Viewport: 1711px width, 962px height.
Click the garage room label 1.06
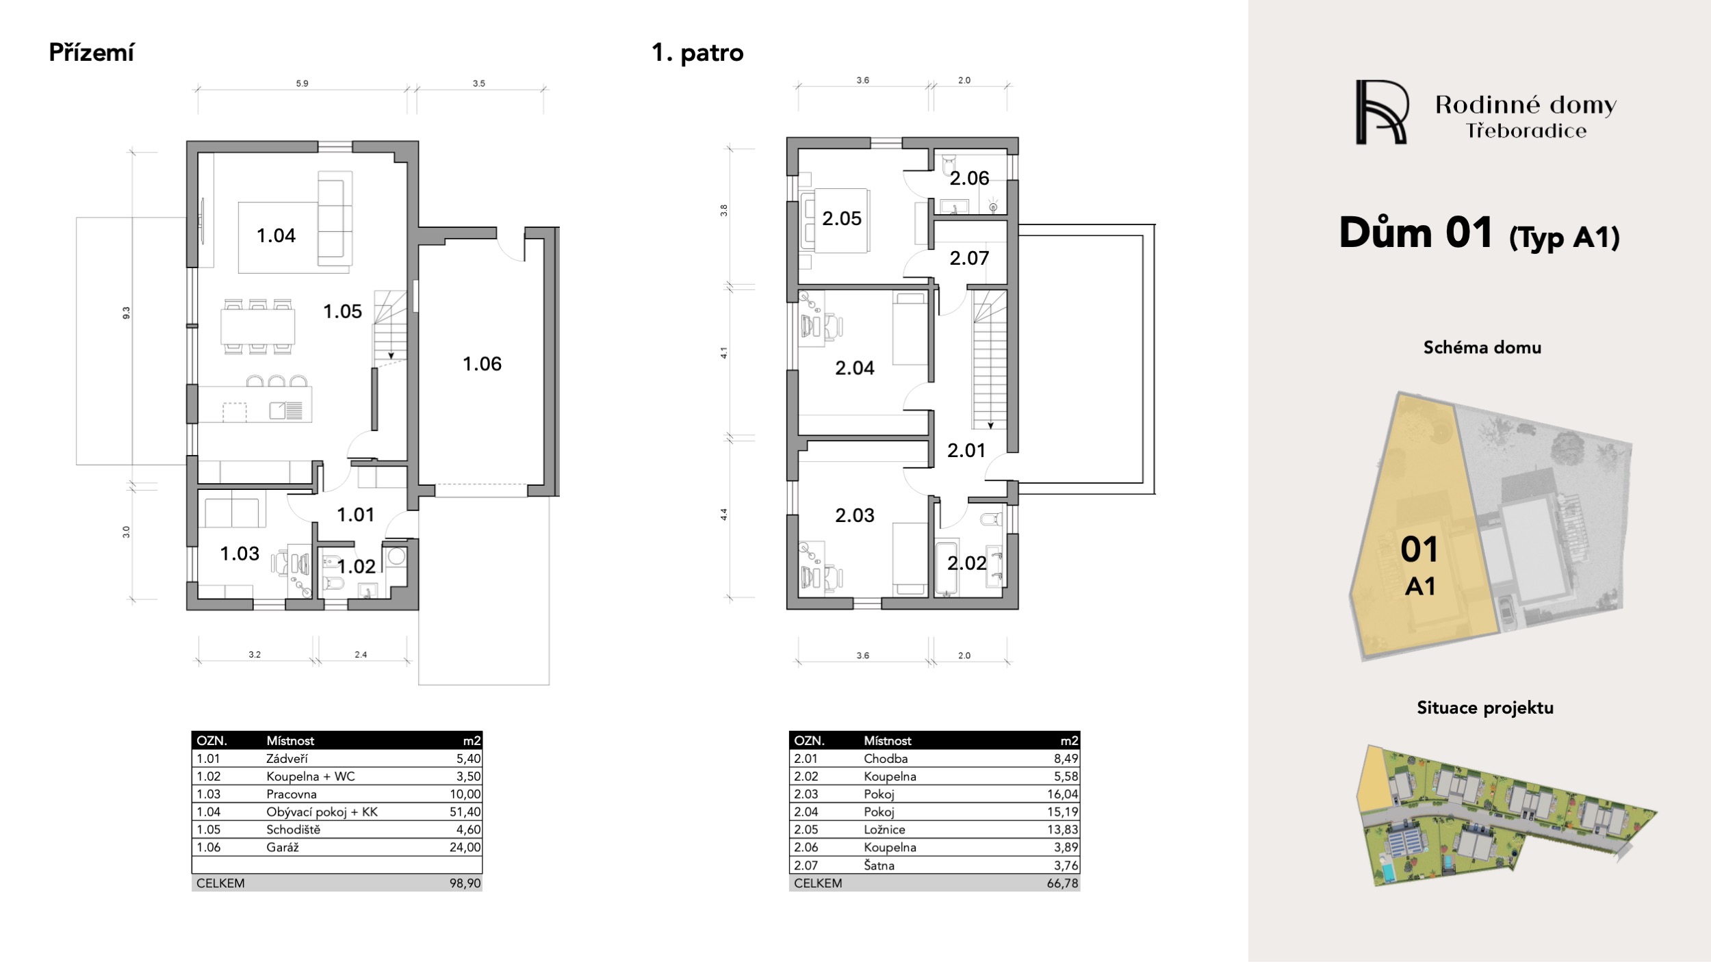tap(482, 364)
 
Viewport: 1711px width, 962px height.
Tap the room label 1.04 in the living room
tap(276, 235)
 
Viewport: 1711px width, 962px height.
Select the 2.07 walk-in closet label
tap(969, 258)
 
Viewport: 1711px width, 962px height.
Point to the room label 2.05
tap(842, 218)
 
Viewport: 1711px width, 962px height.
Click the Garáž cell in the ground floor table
tap(283, 847)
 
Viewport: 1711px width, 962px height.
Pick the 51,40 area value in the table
tap(465, 811)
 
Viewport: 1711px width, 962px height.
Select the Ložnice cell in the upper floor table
tap(884, 829)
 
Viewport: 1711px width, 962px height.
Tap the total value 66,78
tap(1062, 883)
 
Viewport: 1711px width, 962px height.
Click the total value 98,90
tap(465, 883)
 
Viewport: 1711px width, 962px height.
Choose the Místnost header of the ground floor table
tap(290, 740)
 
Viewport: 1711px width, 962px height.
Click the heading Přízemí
tap(92, 53)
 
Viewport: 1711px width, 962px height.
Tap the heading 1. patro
tap(697, 53)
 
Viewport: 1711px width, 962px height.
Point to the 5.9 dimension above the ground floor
tap(302, 83)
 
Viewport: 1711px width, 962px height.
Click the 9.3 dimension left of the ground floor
tap(126, 313)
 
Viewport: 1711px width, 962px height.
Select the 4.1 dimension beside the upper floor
tap(723, 353)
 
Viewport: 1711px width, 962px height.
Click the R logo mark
tap(1381, 112)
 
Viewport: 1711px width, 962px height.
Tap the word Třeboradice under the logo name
tap(1526, 131)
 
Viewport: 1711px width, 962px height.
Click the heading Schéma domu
tap(1482, 348)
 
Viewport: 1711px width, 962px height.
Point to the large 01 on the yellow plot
tap(1419, 549)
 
